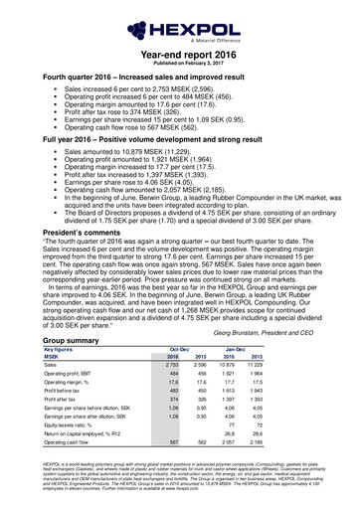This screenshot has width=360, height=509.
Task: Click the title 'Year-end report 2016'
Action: pos(179,59)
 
